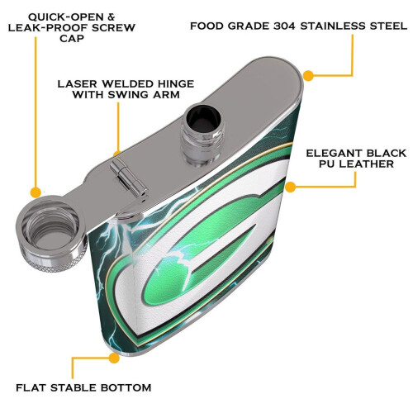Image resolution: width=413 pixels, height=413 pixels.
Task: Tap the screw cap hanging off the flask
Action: [51, 233]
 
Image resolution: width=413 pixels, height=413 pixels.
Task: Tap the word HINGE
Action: [174, 83]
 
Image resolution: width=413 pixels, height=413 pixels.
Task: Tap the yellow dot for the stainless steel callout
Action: [308, 75]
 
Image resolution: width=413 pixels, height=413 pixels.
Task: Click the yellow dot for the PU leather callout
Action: [290, 188]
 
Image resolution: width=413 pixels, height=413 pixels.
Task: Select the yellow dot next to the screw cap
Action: [36, 192]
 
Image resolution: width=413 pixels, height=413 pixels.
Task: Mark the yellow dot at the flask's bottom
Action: [114, 358]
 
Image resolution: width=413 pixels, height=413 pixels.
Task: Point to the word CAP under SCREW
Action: [72, 39]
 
